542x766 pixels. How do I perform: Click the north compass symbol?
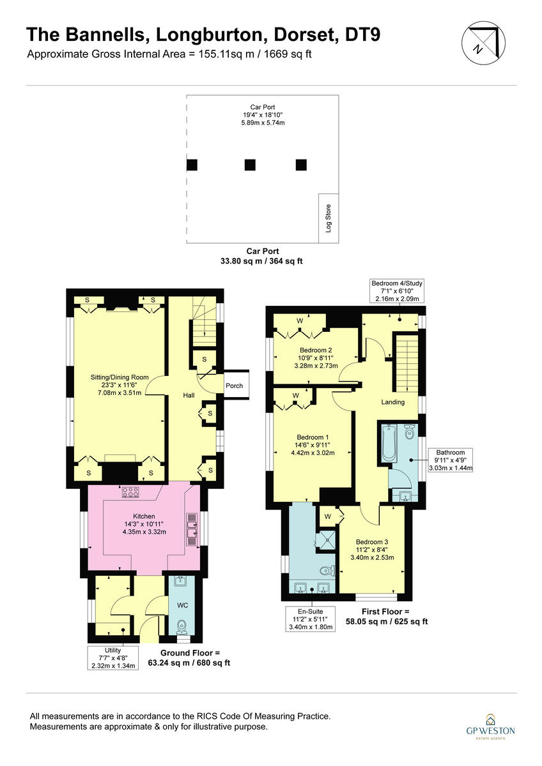point(481,43)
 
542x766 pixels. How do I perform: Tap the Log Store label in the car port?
point(329,218)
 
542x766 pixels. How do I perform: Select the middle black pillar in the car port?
point(250,165)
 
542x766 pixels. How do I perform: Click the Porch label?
point(234,386)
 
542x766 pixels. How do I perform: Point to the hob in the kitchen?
point(131,492)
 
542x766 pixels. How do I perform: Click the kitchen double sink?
point(191,527)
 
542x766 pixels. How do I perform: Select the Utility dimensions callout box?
point(111,657)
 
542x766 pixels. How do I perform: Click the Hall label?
point(189,396)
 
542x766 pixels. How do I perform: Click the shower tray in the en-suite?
point(327,539)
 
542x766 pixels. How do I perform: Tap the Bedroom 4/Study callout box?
point(397,290)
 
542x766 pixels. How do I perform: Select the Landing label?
point(392,402)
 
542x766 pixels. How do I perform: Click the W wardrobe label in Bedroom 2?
point(300,321)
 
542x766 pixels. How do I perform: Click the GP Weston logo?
point(490,726)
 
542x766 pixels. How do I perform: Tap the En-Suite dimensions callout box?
point(311,619)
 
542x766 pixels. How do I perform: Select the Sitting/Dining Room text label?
point(120,377)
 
